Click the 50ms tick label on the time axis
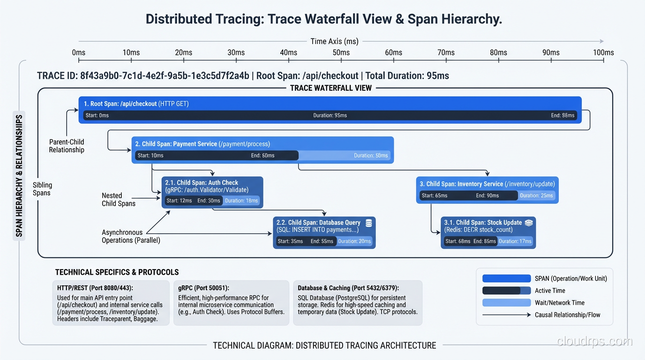point(341,52)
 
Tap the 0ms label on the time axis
point(79,52)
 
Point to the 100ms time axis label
point(603,52)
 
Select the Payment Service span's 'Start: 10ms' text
point(150,156)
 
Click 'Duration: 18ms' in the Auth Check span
point(241,201)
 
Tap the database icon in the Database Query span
point(368,223)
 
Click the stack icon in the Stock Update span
point(529,223)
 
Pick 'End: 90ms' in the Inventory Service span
point(487,195)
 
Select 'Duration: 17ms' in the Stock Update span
point(515,241)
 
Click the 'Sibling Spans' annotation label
point(43,189)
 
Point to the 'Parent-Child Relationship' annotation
point(67,146)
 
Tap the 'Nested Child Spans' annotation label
point(119,199)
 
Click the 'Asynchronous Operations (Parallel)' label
point(131,236)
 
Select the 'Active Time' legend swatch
point(506,291)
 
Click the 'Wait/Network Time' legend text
point(560,303)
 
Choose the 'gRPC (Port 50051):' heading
point(207,288)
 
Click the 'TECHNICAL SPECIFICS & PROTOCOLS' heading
point(117,272)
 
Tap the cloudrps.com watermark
point(594,341)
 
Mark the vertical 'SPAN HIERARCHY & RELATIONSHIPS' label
point(19,176)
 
